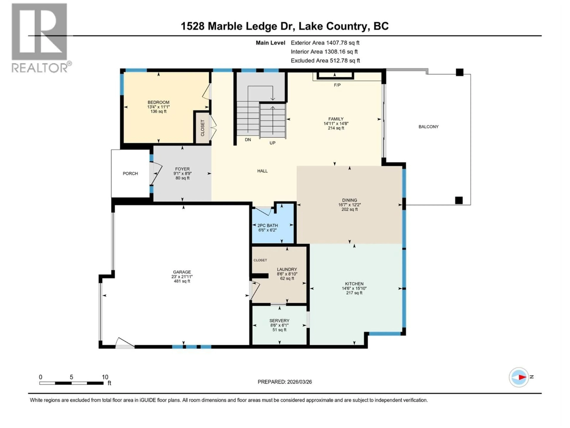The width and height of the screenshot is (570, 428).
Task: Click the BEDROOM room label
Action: pyautogui.click(x=158, y=102)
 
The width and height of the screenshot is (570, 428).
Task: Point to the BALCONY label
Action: pyautogui.click(x=428, y=127)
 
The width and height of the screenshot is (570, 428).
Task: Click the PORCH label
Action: pyautogui.click(x=130, y=174)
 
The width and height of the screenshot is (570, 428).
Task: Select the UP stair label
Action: pyautogui.click(x=272, y=143)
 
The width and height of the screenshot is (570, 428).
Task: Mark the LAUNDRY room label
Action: pyautogui.click(x=287, y=269)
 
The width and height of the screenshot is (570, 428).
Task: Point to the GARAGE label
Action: pyautogui.click(x=182, y=272)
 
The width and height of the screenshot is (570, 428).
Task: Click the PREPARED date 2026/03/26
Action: pyautogui.click(x=298, y=382)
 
